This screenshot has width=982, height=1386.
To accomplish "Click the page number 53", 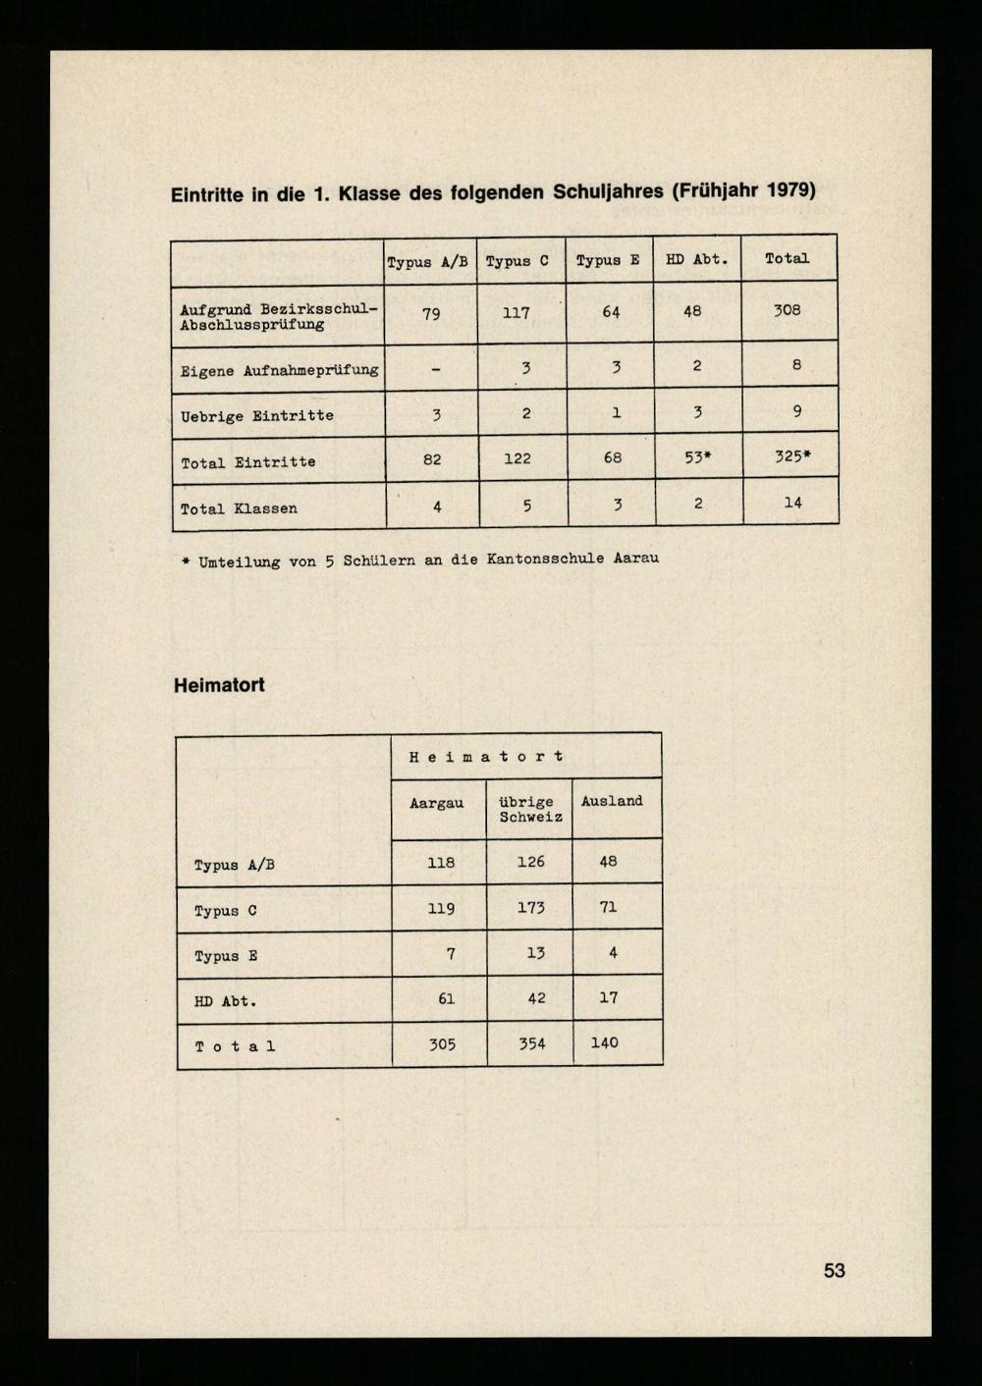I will [x=834, y=1270].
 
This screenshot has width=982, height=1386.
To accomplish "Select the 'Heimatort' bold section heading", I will [x=219, y=685].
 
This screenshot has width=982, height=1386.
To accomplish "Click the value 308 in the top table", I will [x=787, y=310].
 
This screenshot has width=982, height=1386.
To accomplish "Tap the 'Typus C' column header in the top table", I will [x=518, y=261].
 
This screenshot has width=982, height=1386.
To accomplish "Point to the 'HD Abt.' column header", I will [x=697, y=259].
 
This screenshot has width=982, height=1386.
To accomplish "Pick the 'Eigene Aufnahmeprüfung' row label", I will [x=279, y=370].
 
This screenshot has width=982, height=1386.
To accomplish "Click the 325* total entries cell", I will [x=791, y=456].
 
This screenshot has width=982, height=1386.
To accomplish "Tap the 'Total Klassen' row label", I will [x=239, y=508].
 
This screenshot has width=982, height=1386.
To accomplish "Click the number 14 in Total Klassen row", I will [x=792, y=503].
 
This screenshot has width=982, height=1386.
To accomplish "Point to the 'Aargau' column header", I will [x=436, y=803].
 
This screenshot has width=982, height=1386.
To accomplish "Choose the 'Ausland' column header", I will [x=612, y=801].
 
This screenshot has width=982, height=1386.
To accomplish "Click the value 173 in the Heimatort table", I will [x=530, y=908].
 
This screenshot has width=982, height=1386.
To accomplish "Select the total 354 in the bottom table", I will [x=532, y=1043].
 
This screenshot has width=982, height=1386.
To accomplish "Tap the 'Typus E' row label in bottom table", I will [x=226, y=956].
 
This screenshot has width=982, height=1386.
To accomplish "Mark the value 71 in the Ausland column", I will [x=608, y=907].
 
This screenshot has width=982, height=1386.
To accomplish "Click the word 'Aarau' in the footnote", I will [x=635, y=558].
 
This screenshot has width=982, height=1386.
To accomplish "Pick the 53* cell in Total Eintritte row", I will [x=697, y=457].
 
